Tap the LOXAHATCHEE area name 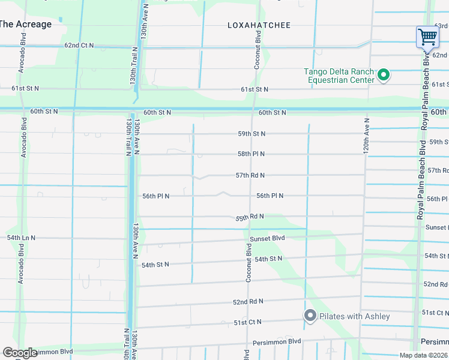(259, 25)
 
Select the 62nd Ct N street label (79, 46)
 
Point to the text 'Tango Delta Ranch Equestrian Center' (340, 75)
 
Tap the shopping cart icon (427, 37)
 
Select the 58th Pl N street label (251, 154)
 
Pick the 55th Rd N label (250, 217)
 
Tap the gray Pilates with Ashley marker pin (310, 316)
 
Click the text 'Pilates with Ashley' (354, 316)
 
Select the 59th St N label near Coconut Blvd (251, 134)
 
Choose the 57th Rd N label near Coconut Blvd (250, 175)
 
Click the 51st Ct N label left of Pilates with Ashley (247, 322)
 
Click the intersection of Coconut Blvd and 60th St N (252, 109)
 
